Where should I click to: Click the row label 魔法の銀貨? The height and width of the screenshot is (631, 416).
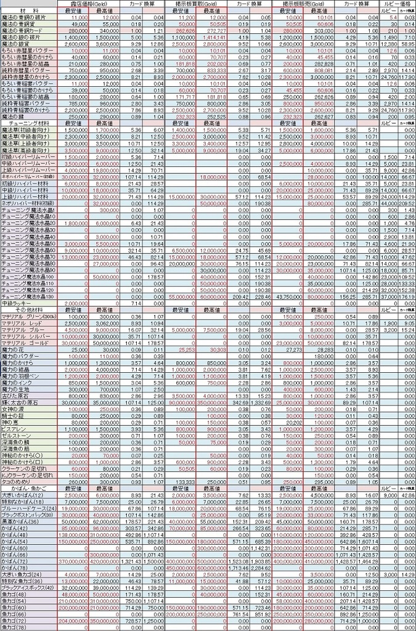click(x=17, y=45)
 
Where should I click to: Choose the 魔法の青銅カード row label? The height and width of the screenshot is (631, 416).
click(x=22, y=30)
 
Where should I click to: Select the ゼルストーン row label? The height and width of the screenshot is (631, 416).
click(x=16, y=435)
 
